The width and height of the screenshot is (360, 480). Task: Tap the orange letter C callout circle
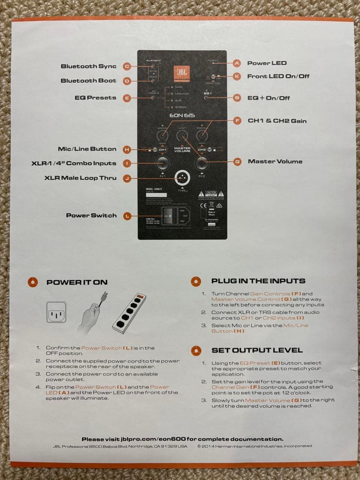[x=127, y=67]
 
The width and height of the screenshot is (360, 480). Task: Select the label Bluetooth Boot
[x=88, y=80]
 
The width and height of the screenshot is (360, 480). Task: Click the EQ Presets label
[x=95, y=98]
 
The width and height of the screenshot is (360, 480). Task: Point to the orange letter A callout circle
[x=237, y=63]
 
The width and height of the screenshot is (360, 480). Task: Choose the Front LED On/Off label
[x=278, y=76]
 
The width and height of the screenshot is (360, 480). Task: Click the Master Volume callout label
[x=275, y=161]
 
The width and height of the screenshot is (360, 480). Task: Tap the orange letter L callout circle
[x=127, y=216]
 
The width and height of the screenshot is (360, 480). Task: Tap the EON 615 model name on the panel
[x=182, y=116]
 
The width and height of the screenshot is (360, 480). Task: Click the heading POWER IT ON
[x=77, y=282]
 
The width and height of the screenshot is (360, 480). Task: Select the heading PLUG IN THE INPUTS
[x=258, y=281]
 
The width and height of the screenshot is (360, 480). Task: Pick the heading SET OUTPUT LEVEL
[x=257, y=350]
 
